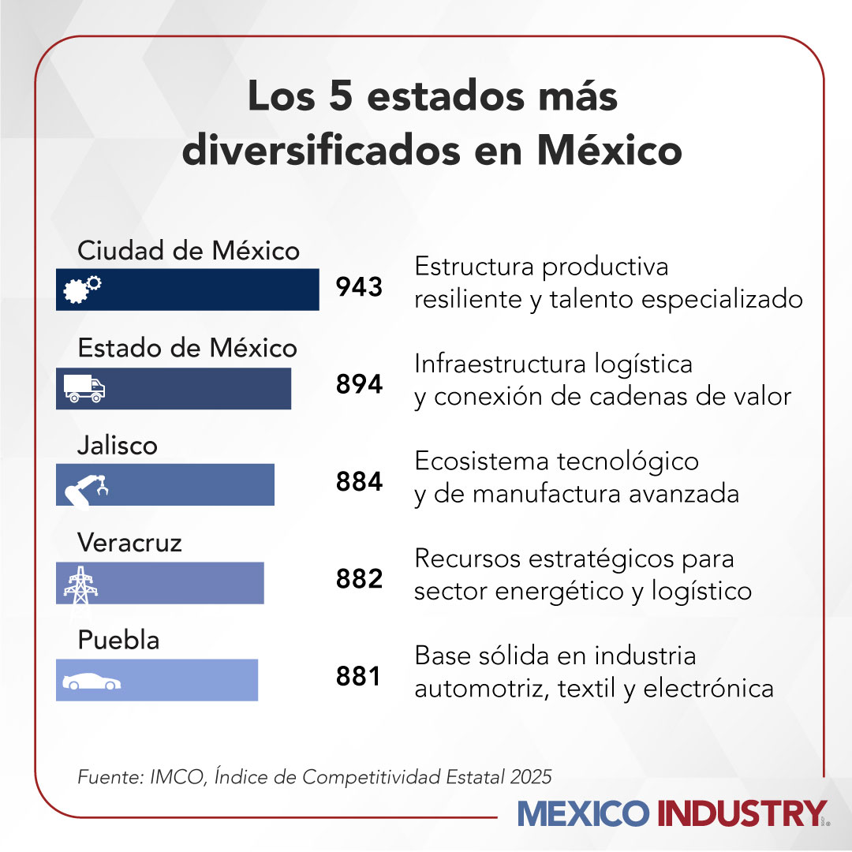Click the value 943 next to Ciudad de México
pos(359,287)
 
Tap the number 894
pos(359,385)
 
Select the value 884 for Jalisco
pos(359,482)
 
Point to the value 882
pos(359,579)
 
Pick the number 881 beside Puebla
pos(359,676)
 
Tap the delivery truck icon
pos(84,388)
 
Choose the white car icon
pos(92,682)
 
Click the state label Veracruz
pos(129,543)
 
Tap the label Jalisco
pos(117,446)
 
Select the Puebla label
pos(118,640)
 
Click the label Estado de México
pos(187,348)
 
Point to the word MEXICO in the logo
pos(584,813)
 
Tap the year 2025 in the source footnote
pos(531,776)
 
